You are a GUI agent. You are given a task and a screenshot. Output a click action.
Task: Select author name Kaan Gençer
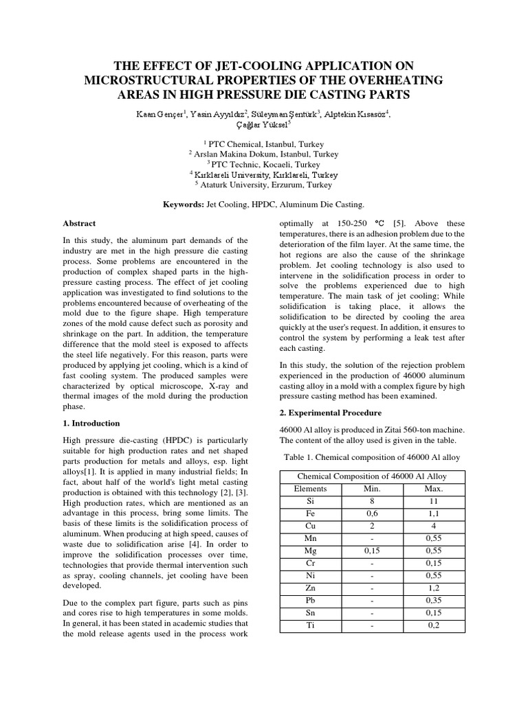coord(151,114)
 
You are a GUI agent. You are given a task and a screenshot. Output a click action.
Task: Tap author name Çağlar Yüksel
coord(263,124)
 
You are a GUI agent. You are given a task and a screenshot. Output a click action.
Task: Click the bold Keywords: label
coord(183,205)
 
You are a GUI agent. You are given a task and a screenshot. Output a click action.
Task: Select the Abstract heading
coord(80,224)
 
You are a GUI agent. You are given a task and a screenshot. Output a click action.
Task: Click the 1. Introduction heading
coord(91,424)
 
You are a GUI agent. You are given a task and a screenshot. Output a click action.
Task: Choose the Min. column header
coord(371,489)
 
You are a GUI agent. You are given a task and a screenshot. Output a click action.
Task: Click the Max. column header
coord(434,489)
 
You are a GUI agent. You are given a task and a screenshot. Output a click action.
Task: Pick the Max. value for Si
coord(434,502)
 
